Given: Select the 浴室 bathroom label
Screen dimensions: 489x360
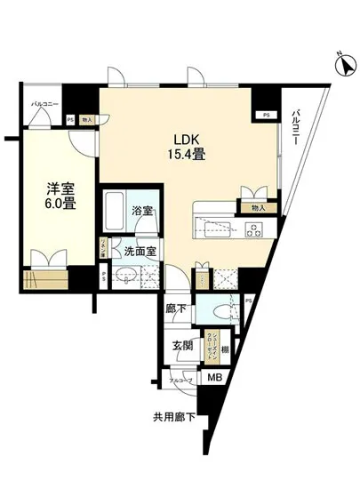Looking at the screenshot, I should coord(142,212).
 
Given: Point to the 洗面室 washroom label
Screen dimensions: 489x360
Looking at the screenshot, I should coord(140,252).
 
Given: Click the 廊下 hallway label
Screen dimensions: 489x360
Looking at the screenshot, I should coord(176,309).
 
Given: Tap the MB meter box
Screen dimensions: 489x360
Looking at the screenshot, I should coord(214,376).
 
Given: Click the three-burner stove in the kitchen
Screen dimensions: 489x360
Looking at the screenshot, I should coord(252,231).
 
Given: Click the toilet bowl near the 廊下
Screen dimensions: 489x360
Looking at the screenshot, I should coord(220,310).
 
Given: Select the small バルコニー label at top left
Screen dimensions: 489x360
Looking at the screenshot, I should coord(44,104).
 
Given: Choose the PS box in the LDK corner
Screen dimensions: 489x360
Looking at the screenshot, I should coord(265,115).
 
